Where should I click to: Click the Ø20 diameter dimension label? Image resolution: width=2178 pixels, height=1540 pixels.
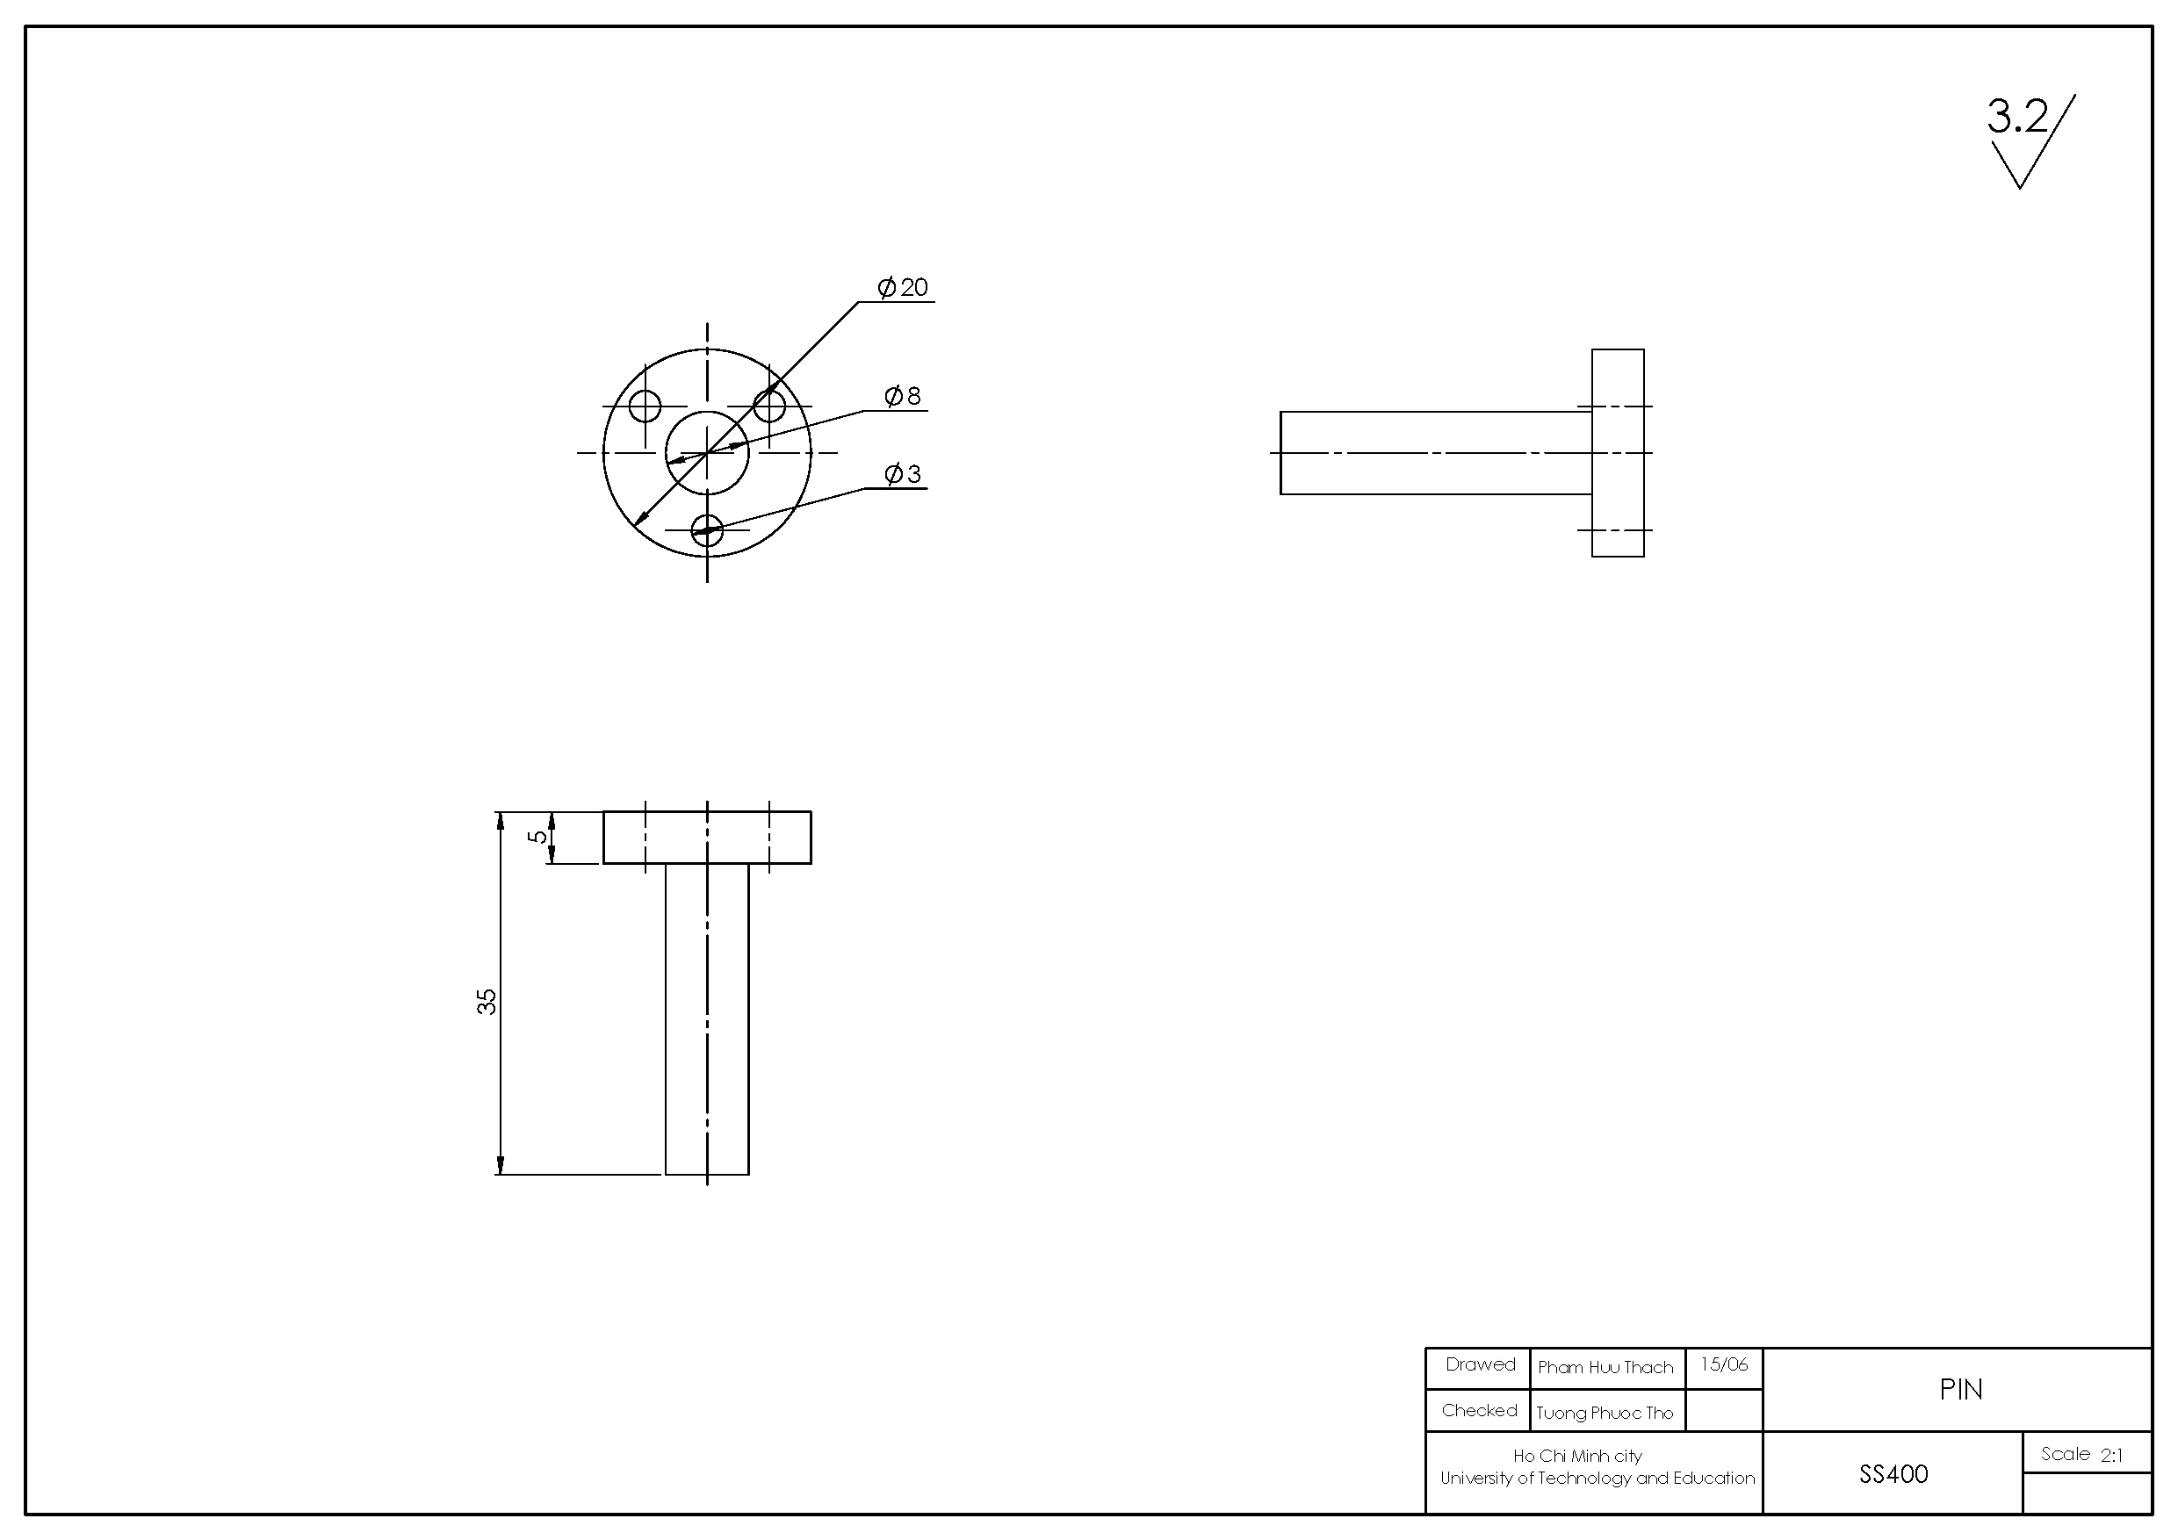pos(903,286)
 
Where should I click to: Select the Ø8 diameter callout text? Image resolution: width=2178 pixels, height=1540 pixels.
pos(903,395)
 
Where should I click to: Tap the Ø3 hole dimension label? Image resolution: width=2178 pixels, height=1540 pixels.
pos(903,473)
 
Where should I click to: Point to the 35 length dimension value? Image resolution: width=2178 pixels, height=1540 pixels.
pos(487,1002)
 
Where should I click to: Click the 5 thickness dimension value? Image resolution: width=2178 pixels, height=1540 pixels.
pos(537,837)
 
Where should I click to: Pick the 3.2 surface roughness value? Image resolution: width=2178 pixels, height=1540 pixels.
pos(2017,117)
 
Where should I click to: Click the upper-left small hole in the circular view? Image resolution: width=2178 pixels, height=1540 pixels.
pos(645,406)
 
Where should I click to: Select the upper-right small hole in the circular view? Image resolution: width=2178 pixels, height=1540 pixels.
pos(769,406)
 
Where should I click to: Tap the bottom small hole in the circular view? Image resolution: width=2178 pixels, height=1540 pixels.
pos(708,530)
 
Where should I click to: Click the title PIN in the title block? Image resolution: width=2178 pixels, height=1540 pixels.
pos(1961,1389)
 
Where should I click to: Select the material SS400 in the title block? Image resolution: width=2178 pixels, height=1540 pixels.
pos(1893,1473)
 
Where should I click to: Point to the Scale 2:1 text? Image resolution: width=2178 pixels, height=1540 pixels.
pos(2082,1455)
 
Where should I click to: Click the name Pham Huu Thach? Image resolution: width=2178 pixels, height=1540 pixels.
pos(1605,1367)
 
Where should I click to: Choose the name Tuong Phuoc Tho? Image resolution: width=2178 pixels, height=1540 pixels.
pos(1605,1413)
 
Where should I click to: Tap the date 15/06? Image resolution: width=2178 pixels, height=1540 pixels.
pos(1724,1364)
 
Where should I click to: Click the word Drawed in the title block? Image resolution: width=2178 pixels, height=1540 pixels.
pos(1480,1364)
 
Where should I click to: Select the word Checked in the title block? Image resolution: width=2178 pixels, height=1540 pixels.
pos(1479,1410)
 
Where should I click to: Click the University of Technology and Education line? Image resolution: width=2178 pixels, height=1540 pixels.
pos(1597,1478)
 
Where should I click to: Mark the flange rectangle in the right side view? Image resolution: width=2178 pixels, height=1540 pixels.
pos(1618,452)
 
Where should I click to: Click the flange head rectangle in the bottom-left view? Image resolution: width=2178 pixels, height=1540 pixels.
pos(707,838)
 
